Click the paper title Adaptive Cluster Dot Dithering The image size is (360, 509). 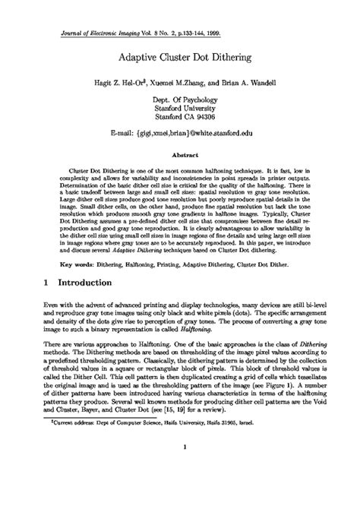pos(180,56)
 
